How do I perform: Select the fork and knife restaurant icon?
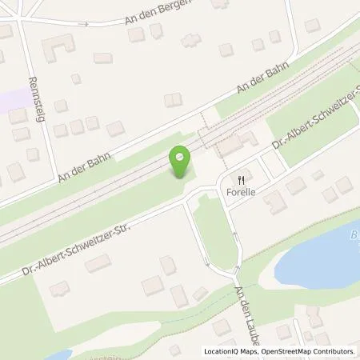[238, 179]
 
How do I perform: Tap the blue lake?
[320, 256]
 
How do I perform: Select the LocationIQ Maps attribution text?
[231, 351]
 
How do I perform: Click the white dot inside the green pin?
[181, 156]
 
